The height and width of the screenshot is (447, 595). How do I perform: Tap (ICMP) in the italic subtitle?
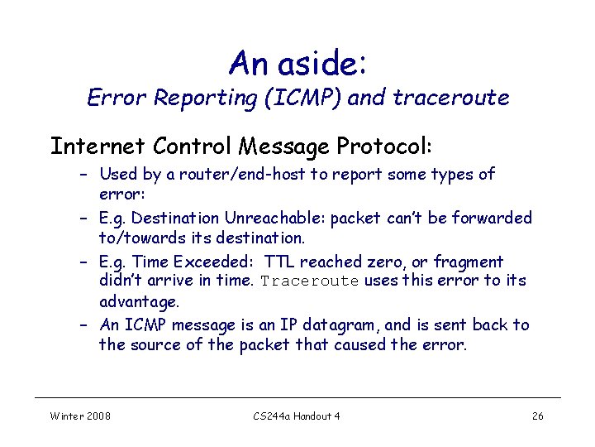coord(310,99)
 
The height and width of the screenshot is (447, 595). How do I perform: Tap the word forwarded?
coord(493,219)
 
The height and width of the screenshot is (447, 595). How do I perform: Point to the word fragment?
coord(469,262)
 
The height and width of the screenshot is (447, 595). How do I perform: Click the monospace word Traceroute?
coord(309,281)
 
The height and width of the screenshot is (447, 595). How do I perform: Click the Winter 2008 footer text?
coord(80,416)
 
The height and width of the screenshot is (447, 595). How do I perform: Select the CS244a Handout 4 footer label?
coord(296,416)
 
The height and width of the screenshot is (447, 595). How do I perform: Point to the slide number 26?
coord(537,416)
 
